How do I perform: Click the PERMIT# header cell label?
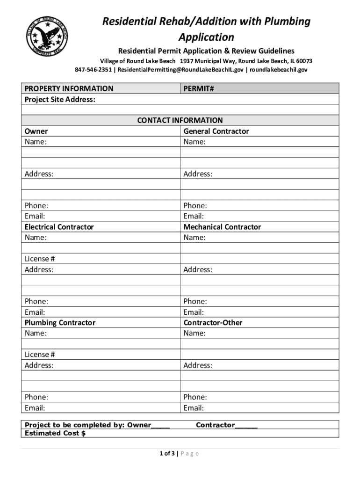[199, 88]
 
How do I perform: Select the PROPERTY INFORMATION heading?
[69, 88]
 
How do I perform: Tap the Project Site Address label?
[60, 99]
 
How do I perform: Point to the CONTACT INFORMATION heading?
[180, 120]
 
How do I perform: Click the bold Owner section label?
[36, 131]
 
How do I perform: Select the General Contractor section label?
[216, 131]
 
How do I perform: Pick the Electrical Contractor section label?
[59, 227]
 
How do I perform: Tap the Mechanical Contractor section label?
[222, 227]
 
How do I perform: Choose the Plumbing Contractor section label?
[60, 323]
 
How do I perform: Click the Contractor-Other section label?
[213, 323]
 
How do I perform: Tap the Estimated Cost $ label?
[55, 433]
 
